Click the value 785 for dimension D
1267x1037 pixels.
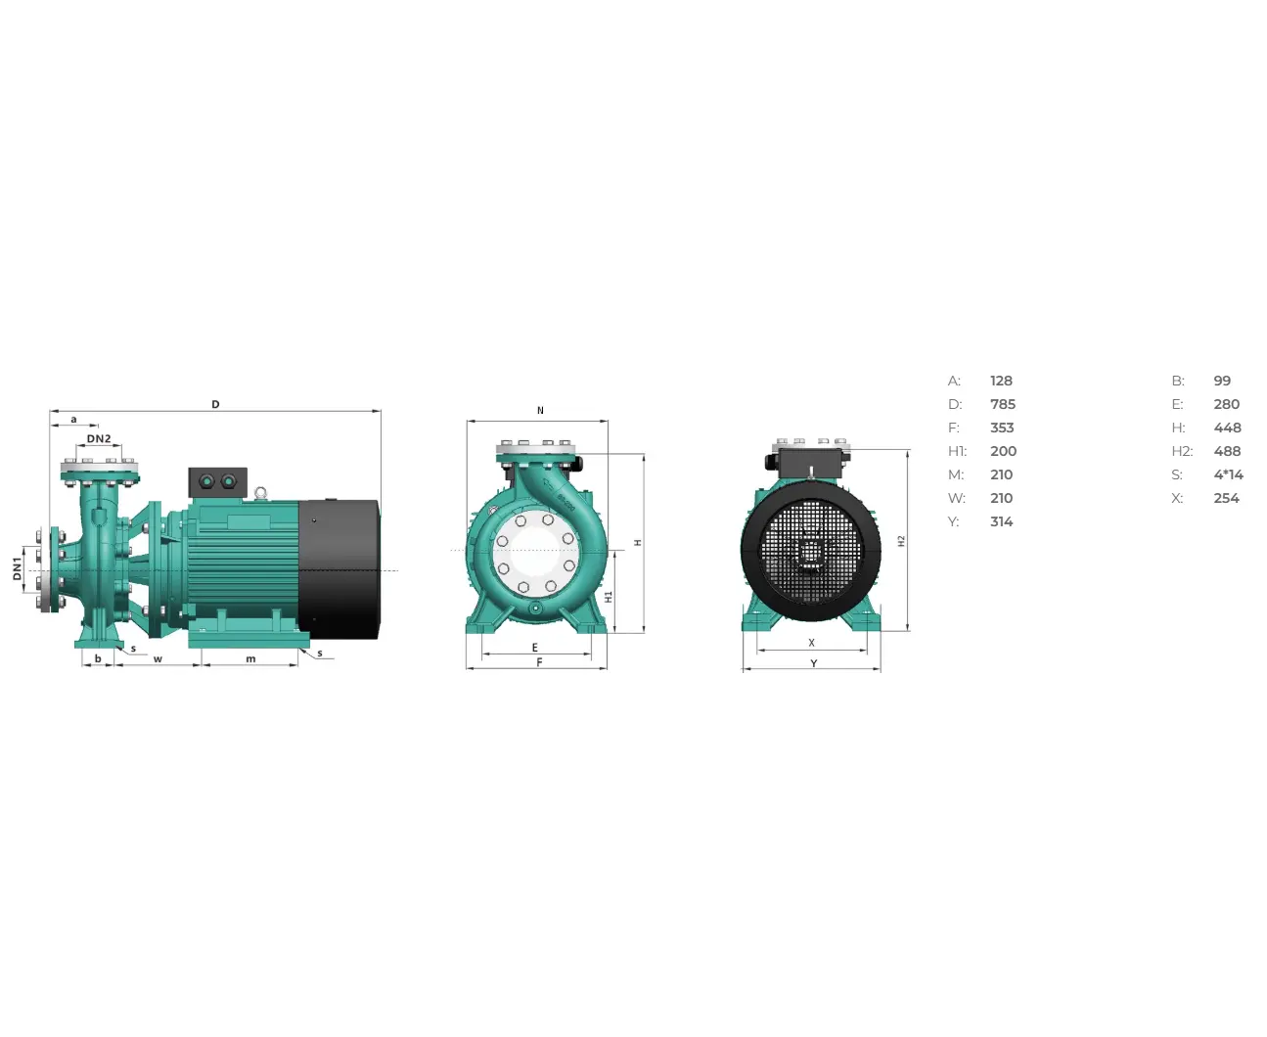click(x=1003, y=404)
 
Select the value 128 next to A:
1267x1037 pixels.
click(x=1001, y=381)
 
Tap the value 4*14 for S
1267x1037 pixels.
click(x=1228, y=474)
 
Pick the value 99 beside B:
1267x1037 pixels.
click(x=1222, y=381)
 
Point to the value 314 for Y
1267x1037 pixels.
click(x=1001, y=521)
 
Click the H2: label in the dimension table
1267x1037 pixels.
click(x=1182, y=451)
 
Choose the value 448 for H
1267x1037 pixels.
click(x=1227, y=428)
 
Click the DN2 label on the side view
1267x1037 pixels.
click(x=99, y=438)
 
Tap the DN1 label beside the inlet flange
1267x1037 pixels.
click(x=18, y=568)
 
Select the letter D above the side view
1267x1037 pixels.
click(x=215, y=404)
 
